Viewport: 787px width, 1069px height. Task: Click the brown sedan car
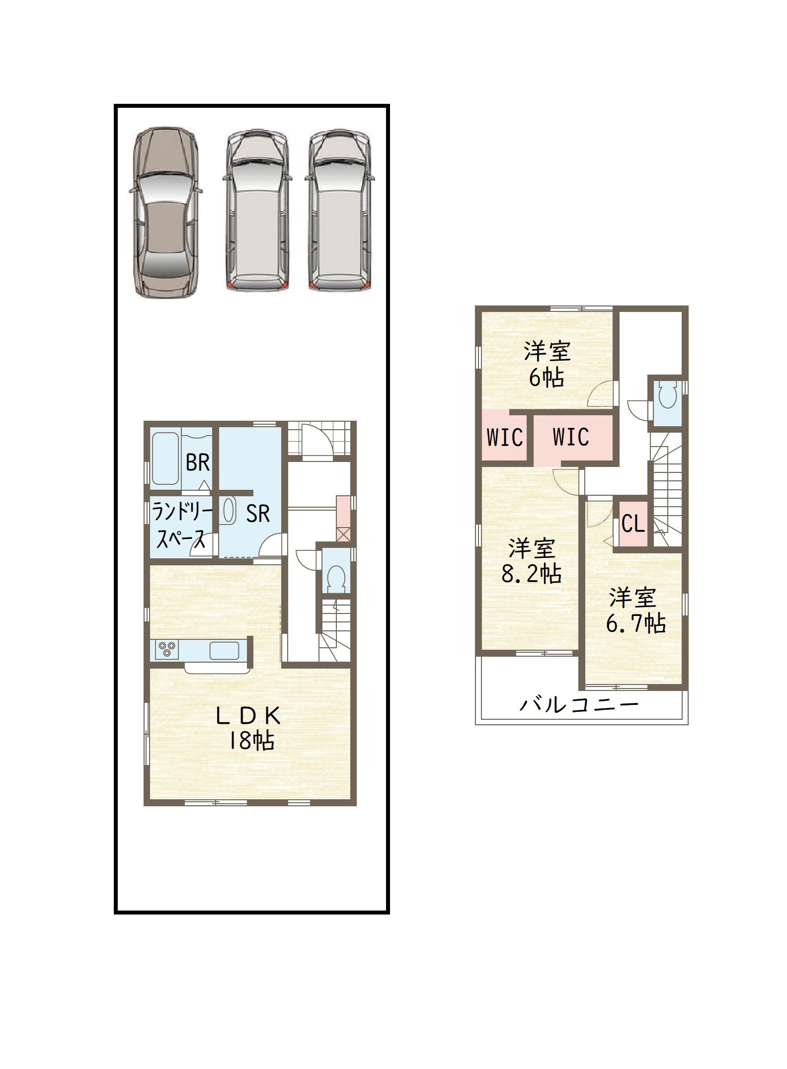coord(166,213)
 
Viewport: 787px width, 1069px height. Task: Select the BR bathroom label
coord(198,463)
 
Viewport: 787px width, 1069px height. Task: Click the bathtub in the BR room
coord(165,458)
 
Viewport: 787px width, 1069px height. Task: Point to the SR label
coord(258,514)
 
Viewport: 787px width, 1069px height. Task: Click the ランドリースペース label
coord(181,525)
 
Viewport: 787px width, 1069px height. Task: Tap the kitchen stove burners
coord(167,649)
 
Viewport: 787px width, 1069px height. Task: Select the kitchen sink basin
coord(225,650)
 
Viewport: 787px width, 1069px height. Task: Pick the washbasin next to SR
coord(229,511)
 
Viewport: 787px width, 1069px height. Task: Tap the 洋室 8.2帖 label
coord(531,561)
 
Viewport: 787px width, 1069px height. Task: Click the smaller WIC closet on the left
coord(504,437)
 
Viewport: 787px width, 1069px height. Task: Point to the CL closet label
coord(633,524)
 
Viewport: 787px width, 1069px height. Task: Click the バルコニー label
coord(579,704)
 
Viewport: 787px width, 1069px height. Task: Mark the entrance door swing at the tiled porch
coord(315,439)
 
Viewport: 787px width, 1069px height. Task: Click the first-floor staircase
coord(334,630)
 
